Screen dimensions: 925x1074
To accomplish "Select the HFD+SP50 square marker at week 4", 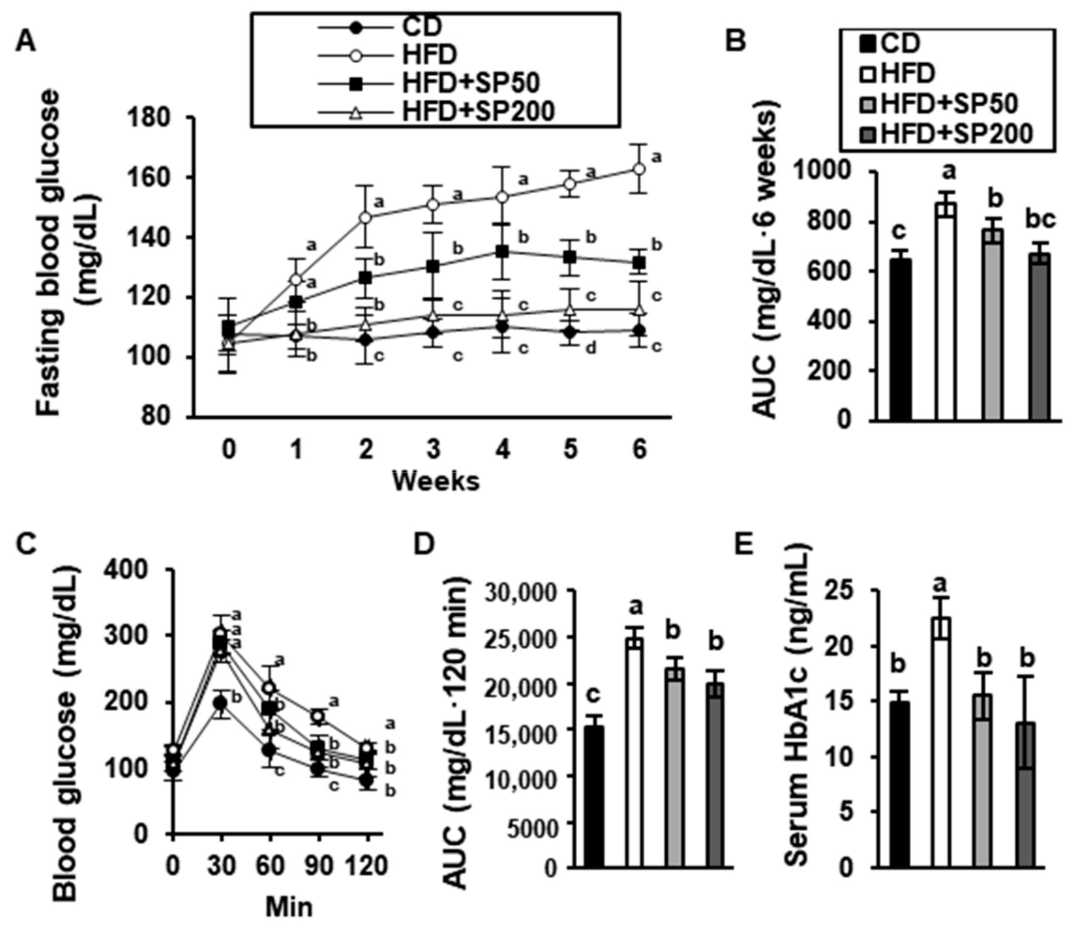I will coord(502,251).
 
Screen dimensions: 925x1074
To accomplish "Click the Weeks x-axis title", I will coord(436,481).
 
